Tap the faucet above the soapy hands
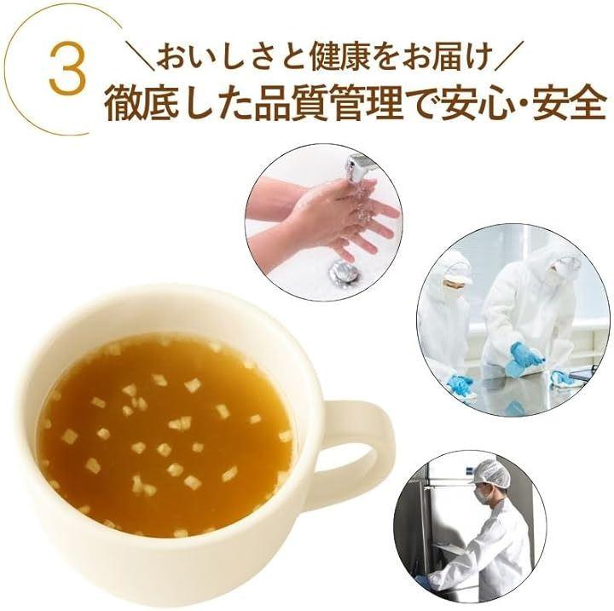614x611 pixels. [x=359, y=165]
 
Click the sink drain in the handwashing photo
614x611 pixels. [x=344, y=271]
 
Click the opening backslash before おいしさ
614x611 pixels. [x=142, y=58]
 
